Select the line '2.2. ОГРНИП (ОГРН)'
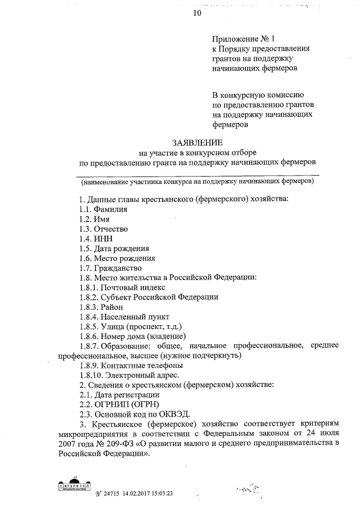click(119, 404)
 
